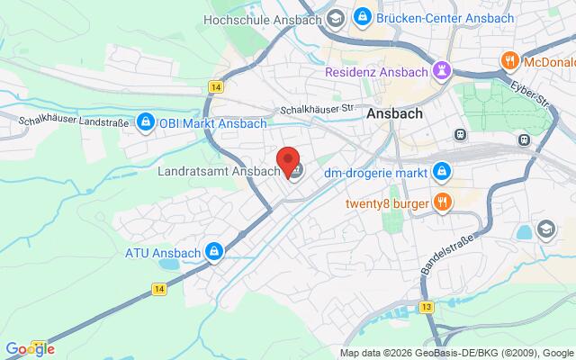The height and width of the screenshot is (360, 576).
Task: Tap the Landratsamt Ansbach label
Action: point(220,171)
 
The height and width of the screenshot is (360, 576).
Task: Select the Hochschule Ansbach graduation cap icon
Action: point(335,17)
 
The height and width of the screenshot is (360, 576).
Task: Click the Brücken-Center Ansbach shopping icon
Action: point(362,17)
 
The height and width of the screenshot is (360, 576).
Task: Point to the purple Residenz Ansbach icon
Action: point(442,69)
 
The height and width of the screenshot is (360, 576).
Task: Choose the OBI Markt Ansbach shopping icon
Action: point(145,122)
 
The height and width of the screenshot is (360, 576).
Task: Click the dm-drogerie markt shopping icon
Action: point(442,170)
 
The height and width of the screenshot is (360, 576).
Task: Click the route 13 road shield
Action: point(426,307)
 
